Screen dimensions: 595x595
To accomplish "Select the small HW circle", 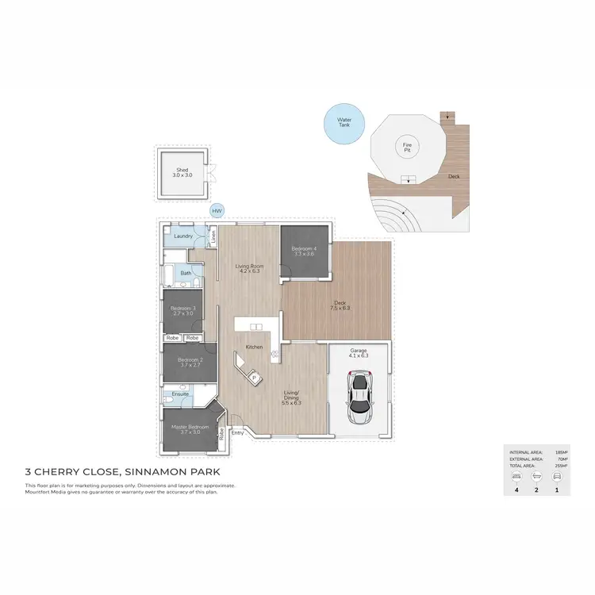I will click(x=217, y=211).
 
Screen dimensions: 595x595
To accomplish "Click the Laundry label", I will click(x=183, y=236).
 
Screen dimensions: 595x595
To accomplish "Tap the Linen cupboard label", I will click(x=213, y=236).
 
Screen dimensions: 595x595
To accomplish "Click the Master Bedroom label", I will click(x=190, y=429).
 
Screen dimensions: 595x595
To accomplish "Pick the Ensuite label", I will click(x=180, y=393).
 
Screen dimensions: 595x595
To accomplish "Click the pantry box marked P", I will click(x=255, y=378).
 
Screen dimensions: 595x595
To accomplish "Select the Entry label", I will click(x=237, y=432).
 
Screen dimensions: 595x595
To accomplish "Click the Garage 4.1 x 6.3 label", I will click(x=359, y=354).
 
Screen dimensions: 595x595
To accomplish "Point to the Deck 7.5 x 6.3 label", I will click(x=340, y=305).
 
